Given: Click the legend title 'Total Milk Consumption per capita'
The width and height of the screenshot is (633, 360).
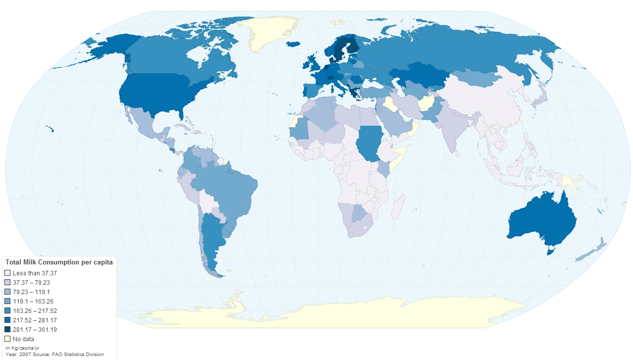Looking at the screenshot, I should coord(59,262).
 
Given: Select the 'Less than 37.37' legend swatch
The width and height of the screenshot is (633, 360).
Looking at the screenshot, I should coord(7,273).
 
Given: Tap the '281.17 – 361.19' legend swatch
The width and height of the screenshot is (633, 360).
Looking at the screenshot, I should coord(7,330).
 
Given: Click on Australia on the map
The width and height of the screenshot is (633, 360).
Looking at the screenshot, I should coord(542,220).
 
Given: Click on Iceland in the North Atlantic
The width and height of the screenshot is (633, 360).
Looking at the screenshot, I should coord(294,44).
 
